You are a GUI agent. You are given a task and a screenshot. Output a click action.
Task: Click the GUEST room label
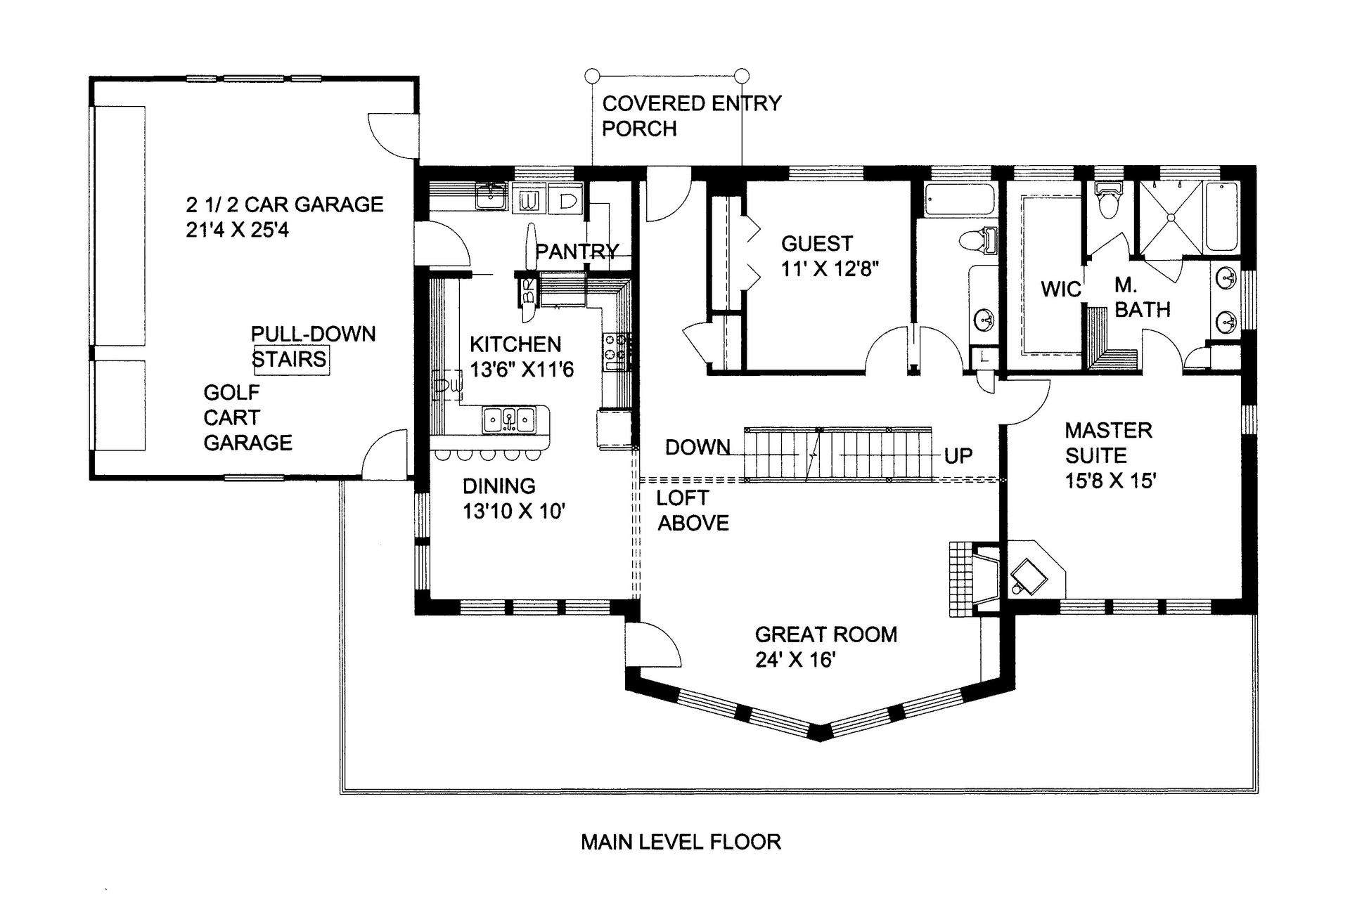816,244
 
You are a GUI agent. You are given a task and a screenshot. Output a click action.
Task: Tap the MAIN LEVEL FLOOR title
681,842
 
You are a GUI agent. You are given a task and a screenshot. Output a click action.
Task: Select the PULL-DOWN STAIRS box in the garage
290,360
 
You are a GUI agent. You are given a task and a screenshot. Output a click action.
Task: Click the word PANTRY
577,252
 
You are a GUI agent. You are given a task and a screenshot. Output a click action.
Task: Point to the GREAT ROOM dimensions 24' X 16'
795,660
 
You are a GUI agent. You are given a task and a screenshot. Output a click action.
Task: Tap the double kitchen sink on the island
509,420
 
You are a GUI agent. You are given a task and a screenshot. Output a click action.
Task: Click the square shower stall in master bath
1171,218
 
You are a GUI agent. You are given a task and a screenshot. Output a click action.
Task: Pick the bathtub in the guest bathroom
960,200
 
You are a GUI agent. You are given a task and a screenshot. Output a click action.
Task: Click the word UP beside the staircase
958,456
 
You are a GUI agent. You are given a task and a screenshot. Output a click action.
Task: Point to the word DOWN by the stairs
697,447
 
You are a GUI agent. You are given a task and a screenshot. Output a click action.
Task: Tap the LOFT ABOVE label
692,510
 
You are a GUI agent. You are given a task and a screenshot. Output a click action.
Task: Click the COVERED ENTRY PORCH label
690,116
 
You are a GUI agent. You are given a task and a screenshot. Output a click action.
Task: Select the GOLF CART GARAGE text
247,417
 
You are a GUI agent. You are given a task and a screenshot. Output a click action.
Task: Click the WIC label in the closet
1060,289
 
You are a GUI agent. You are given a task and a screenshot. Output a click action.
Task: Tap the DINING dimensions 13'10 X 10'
513,512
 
